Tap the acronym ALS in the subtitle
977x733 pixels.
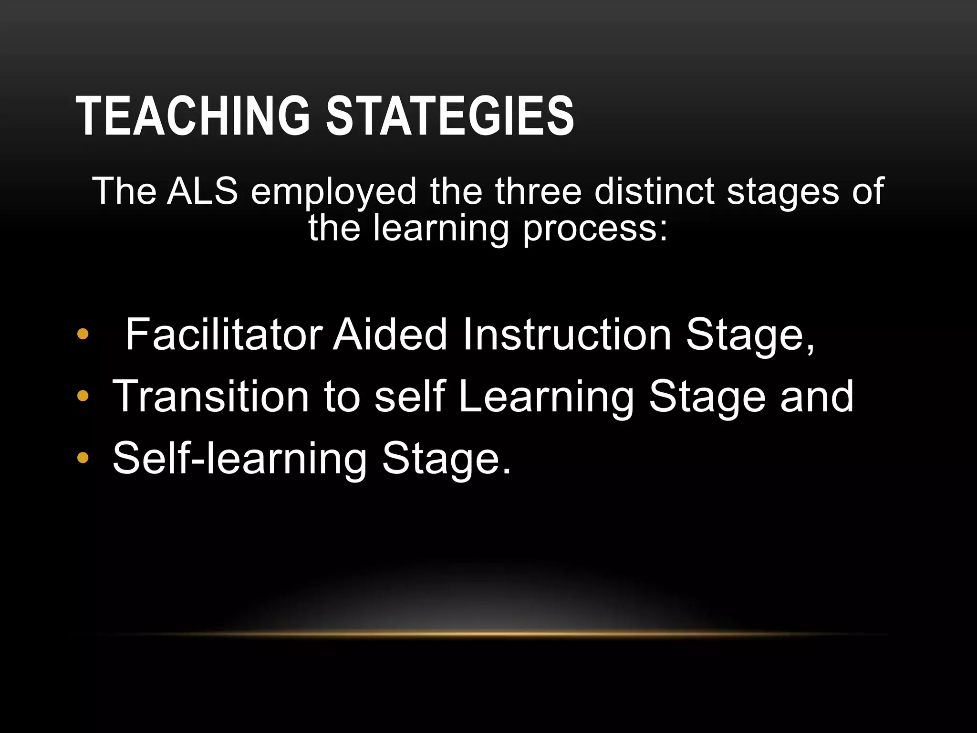202,191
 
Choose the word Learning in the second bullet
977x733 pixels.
546,397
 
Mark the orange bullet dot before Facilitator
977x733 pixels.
83,335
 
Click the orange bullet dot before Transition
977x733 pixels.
83,396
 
